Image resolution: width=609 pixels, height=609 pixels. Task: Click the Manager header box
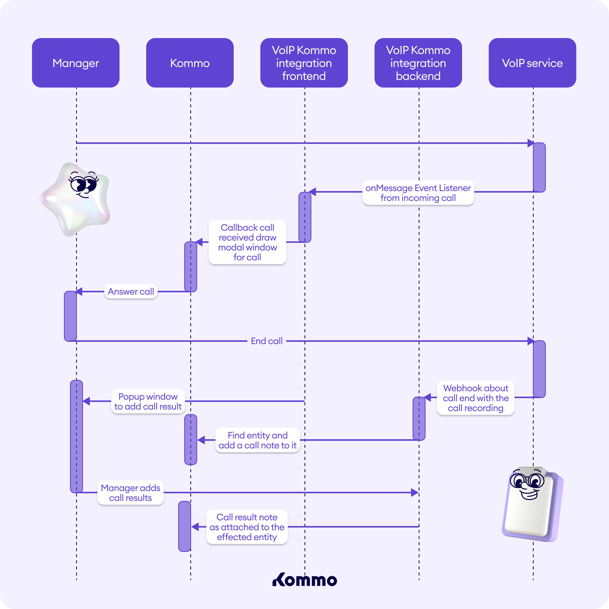tap(76, 63)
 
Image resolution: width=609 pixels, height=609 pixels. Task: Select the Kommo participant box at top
tap(190, 63)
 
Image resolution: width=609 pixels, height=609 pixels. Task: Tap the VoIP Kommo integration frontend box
tap(304, 63)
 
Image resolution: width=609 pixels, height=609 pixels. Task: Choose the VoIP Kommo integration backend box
tap(418, 63)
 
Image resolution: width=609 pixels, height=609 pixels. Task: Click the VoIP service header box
tap(532, 63)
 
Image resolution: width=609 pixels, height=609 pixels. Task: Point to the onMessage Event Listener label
tap(418, 193)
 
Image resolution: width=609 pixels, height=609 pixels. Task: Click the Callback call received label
tap(247, 242)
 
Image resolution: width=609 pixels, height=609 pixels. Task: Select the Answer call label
tap(131, 292)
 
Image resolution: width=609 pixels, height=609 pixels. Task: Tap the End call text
tap(267, 341)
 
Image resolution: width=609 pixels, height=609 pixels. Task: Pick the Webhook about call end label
tap(476, 398)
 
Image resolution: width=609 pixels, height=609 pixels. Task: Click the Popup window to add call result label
tap(148, 401)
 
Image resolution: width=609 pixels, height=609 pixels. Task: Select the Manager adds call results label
tap(131, 493)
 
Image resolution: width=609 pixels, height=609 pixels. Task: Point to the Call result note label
tap(247, 527)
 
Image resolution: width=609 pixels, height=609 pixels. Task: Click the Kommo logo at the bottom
tap(304, 580)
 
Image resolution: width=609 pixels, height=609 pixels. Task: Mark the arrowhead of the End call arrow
tap(531, 341)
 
